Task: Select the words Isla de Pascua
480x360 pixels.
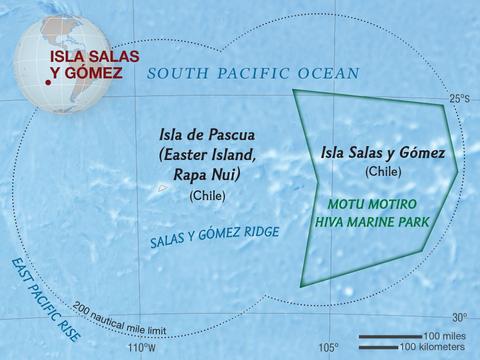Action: pos(208,133)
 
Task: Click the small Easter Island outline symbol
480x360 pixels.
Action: pos(163,188)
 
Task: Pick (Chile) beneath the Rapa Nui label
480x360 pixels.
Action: pos(208,195)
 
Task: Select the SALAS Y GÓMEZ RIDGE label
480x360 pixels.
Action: pos(214,237)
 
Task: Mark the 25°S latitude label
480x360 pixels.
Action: pos(458,99)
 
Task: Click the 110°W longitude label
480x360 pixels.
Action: pos(141,348)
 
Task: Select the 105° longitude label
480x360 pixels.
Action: pos(328,348)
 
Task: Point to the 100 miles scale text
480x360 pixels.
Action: pos(443,335)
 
